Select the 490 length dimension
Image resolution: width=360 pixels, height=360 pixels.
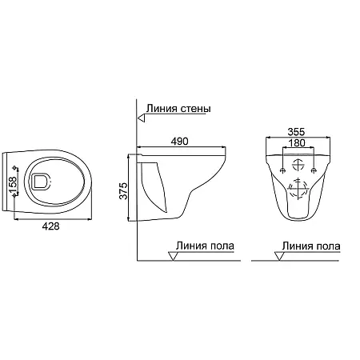coord(180,142)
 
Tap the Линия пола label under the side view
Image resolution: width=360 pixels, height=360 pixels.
coord(206,246)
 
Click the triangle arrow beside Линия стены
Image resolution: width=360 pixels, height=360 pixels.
coord(141,118)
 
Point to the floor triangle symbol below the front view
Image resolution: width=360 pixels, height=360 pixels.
coord(279,255)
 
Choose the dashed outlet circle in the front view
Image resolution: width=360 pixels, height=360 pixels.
coord(297,191)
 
